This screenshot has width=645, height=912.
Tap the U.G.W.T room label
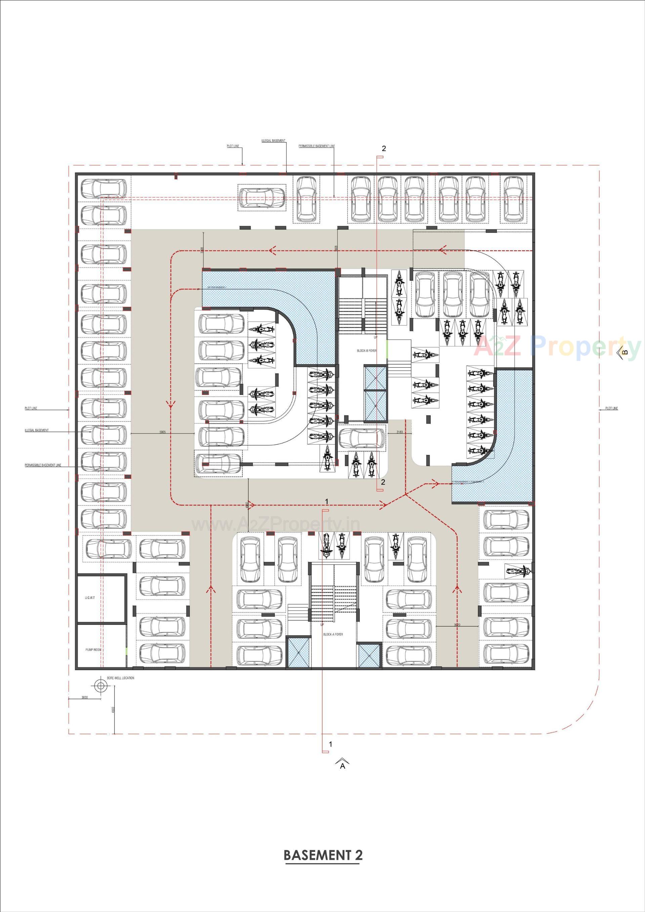pyautogui.click(x=90, y=598)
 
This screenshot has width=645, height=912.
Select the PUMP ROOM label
pyautogui.click(x=93, y=650)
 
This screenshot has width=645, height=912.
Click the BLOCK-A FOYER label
pyautogui.click(x=333, y=634)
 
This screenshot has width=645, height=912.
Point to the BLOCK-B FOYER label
pyautogui.click(x=367, y=351)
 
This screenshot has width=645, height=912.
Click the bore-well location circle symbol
pyautogui.click(x=100, y=686)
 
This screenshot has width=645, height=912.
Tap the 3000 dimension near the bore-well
pyautogui.click(x=84, y=697)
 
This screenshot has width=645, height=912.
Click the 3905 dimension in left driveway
pyautogui.click(x=162, y=432)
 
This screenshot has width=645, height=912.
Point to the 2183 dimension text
pyautogui.click(x=399, y=432)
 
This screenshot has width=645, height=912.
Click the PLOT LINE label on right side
pyautogui.click(x=612, y=408)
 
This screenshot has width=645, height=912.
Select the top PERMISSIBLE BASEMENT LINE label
pyautogui.click(x=316, y=146)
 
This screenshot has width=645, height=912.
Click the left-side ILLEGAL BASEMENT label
pyautogui.click(x=37, y=430)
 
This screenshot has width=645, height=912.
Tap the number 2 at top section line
pyautogui.click(x=384, y=148)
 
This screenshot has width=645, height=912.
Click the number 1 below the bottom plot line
pyautogui.click(x=330, y=744)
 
